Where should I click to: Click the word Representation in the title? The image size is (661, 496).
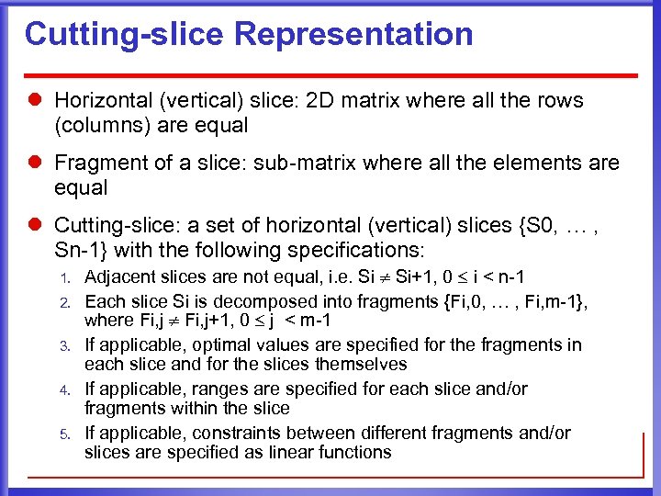353,35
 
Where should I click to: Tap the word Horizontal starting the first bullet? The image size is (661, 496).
98,100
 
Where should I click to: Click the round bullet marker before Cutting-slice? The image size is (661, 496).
38,225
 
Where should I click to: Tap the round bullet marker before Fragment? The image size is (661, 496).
38,163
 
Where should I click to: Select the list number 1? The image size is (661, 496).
64,278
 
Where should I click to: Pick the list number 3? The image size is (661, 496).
64,345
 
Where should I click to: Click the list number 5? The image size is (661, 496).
64,434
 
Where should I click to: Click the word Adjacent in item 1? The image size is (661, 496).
117,277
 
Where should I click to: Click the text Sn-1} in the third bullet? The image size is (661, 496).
79,249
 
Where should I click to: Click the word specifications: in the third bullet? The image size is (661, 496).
351,249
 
